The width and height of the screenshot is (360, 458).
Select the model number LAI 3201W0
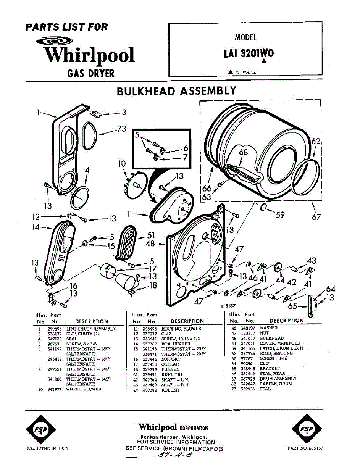[x=249, y=53]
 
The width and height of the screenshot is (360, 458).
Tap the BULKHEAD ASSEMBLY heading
[x=176, y=91]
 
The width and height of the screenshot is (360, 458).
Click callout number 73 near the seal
[x=121, y=129]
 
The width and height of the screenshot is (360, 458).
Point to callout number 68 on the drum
[x=243, y=152]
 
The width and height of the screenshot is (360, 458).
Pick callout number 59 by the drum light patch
[x=280, y=215]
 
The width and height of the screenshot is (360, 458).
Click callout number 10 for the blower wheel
[x=122, y=164]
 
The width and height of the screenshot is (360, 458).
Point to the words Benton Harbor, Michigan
[x=174, y=437]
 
